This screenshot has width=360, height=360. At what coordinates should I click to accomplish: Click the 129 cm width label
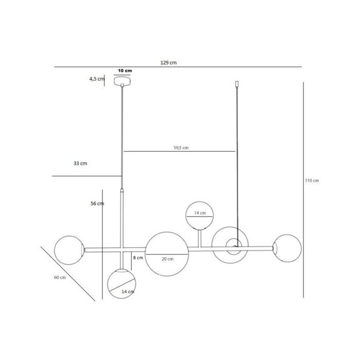pyautogui.click(x=169, y=63)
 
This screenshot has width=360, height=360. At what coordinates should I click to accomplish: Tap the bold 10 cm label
pyautogui.click(x=125, y=71)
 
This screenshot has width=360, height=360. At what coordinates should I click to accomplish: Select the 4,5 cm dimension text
pyautogui.click(x=97, y=79)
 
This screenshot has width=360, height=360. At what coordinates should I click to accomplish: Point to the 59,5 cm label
pyautogui.click(x=181, y=148)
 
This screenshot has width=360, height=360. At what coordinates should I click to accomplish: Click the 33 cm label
pyautogui.click(x=80, y=164)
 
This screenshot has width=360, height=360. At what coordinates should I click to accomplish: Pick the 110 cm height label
pyautogui.click(x=312, y=181)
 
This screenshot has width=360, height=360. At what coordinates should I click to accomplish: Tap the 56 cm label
pyautogui.click(x=97, y=204)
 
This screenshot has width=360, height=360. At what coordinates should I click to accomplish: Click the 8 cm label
pyautogui.click(x=138, y=258)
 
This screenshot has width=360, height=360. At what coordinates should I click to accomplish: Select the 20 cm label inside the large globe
pyautogui.click(x=167, y=259)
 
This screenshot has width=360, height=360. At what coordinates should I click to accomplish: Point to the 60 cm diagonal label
pyautogui.click(x=60, y=278)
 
